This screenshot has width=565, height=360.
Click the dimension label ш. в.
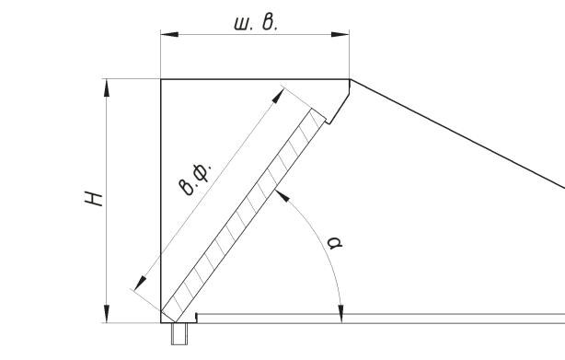(x=256, y=23)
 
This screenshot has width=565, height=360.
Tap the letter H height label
(x=94, y=199)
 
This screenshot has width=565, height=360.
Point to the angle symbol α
(x=335, y=242)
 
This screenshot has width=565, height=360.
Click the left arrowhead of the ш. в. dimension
(x=169, y=34)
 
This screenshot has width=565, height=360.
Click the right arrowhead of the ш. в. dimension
(x=340, y=34)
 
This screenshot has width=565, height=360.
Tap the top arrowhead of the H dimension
(x=107, y=87)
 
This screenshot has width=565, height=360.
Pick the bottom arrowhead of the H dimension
(x=107, y=314)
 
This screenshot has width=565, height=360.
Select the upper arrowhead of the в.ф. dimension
(x=278, y=96)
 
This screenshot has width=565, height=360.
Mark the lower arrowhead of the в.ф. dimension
(x=140, y=284)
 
